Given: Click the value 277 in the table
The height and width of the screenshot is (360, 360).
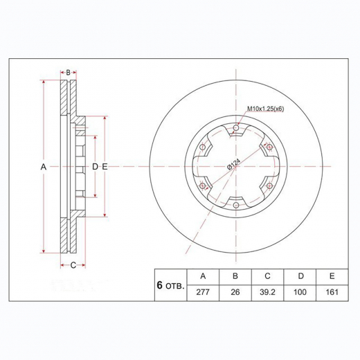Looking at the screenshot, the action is point(203,292).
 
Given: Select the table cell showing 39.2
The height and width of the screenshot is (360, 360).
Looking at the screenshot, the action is point(267,292).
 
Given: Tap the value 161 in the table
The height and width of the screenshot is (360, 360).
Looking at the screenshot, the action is point(332,292).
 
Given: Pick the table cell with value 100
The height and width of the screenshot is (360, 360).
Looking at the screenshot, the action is point(300,292).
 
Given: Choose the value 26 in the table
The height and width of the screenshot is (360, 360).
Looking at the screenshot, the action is point(235,292).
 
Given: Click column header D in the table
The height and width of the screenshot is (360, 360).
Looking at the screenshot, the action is point(300,276).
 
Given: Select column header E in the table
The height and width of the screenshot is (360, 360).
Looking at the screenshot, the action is point(332,276).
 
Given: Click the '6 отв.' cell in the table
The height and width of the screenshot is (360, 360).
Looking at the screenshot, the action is point(170,285).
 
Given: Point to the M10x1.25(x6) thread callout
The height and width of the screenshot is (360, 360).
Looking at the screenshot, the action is point(266,109).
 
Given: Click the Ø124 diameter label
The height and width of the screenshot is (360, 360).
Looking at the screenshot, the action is point(233,164).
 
